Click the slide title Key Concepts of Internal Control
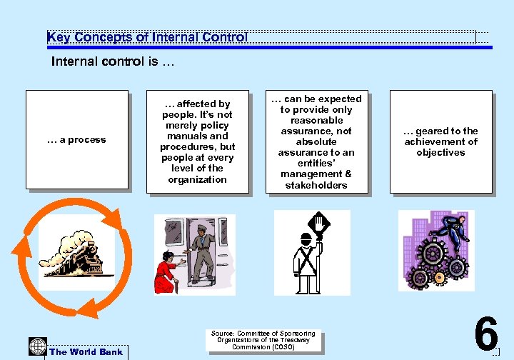click(x=147, y=37)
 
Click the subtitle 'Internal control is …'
click(x=112, y=61)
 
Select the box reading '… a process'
click(x=76, y=140)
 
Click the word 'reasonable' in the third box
click(x=316, y=120)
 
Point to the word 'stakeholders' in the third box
click(x=316, y=185)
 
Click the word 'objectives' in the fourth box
click(x=440, y=152)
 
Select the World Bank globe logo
click(x=38, y=345)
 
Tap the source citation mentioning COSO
click(x=264, y=340)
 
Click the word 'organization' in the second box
click(x=198, y=179)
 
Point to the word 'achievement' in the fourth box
click(x=440, y=141)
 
